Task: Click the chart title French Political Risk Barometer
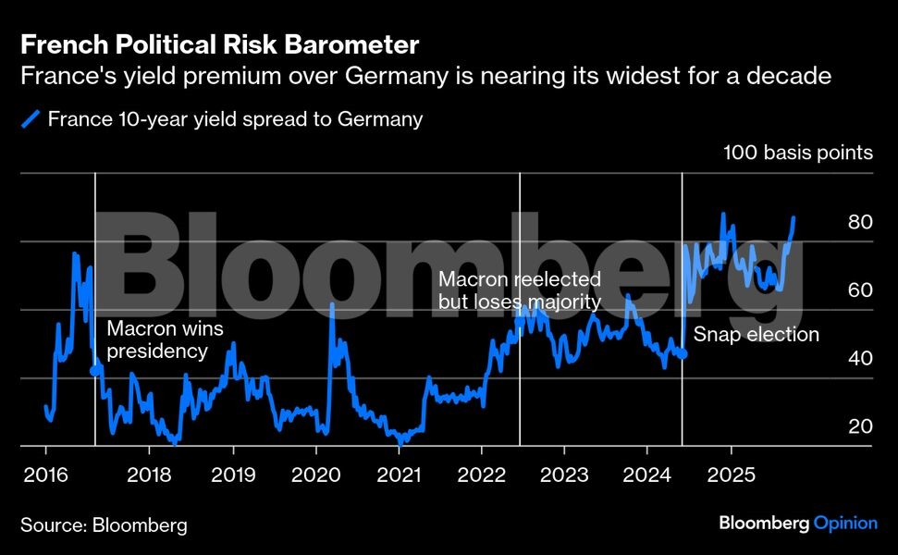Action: [x=220, y=44]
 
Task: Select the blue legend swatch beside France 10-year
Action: [x=31, y=118]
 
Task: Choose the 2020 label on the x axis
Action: [x=316, y=475]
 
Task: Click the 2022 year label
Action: [x=481, y=475]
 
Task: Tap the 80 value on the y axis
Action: [x=860, y=223]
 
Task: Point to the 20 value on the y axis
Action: [x=860, y=427]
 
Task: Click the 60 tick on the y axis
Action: [x=860, y=290]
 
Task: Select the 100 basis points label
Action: [x=798, y=153]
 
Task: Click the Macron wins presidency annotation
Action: [x=165, y=339]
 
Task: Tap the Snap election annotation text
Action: [x=757, y=335]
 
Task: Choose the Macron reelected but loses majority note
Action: [x=519, y=290]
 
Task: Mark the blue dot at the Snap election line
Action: [x=683, y=353]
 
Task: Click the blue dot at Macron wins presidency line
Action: [x=95, y=370]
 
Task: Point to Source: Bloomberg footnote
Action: [x=104, y=525]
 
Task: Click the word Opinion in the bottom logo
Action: [x=845, y=524]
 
